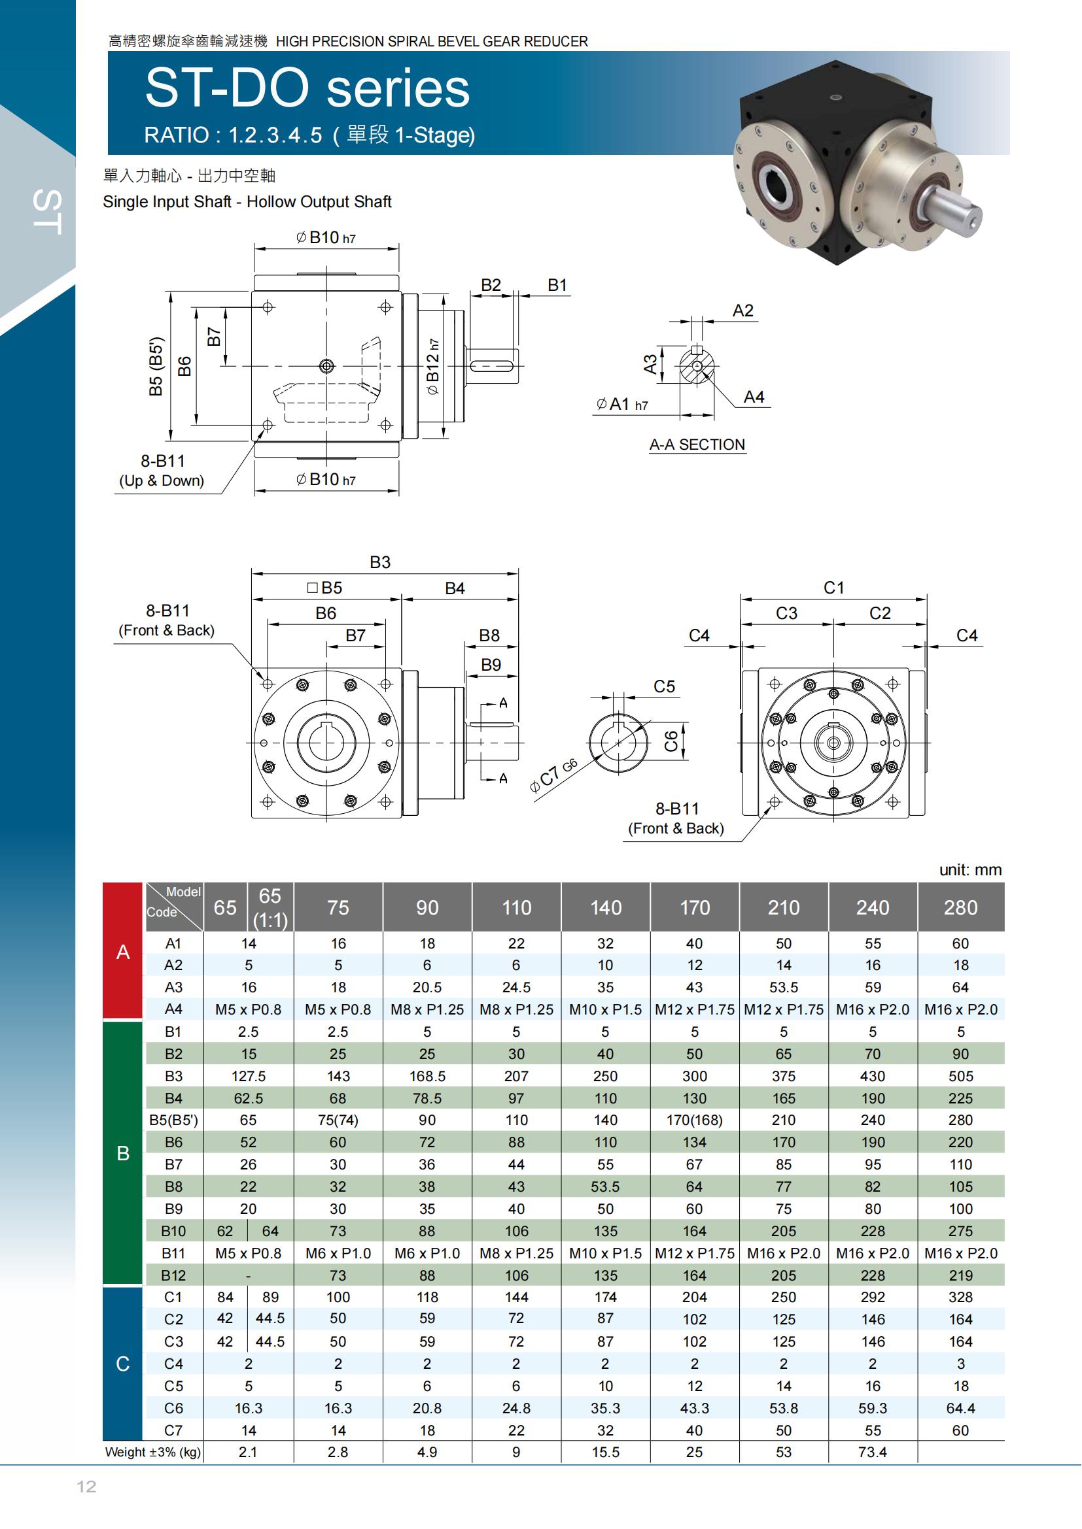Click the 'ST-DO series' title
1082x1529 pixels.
(x=307, y=88)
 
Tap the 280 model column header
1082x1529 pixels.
(x=961, y=907)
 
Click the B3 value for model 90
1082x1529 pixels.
(x=427, y=1076)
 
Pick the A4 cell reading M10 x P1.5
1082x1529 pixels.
(x=605, y=1009)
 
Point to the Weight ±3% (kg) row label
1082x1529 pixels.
(x=152, y=1452)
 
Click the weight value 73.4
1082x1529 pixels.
(x=872, y=1452)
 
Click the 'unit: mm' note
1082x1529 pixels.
(x=970, y=869)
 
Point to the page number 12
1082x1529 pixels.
(x=86, y=1487)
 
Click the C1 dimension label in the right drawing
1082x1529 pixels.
(x=833, y=588)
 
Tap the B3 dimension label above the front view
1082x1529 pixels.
(x=380, y=562)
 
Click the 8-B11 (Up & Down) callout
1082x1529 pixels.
(x=162, y=470)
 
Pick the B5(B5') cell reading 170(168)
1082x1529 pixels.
(x=694, y=1120)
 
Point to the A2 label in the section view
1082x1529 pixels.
(x=743, y=311)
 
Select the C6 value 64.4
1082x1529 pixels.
(x=961, y=1408)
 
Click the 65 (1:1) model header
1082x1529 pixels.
(x=270, y=907)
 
